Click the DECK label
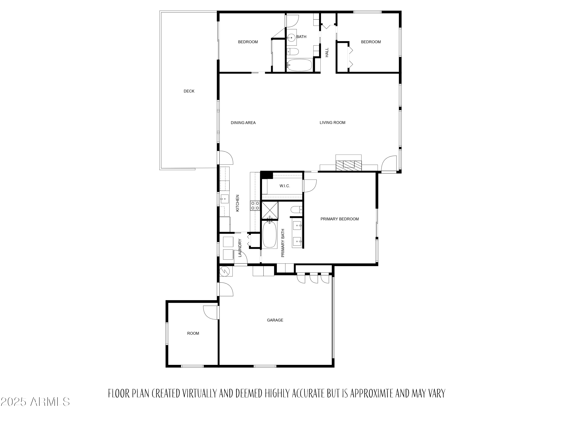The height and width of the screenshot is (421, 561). coord(189,91)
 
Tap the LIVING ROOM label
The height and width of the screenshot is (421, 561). coord(332,123)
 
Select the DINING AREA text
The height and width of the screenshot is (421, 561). coord(243,123)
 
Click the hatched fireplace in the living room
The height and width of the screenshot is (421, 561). coord(348,165)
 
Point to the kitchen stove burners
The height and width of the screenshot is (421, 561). coord(255,206)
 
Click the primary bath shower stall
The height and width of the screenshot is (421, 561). coord(270,210)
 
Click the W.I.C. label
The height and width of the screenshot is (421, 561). coord(285,186)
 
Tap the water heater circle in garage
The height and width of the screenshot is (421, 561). coord(225,271)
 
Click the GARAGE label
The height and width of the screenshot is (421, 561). coord(275,320)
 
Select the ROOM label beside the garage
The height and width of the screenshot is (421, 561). coord(193,333)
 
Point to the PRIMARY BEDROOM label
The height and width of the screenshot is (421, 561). coord(339,219)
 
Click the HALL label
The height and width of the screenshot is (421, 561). coord(327,53)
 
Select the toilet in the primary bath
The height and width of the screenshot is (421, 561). coord(296,210)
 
